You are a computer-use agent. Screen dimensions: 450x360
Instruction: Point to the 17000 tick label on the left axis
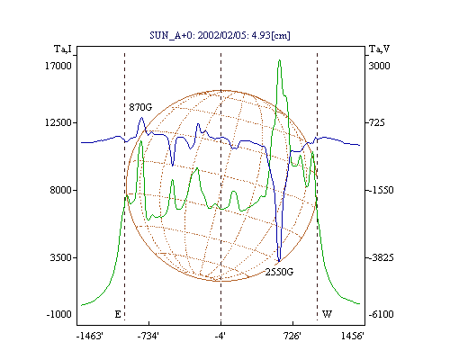58,66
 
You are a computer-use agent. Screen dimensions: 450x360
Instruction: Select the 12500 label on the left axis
58,122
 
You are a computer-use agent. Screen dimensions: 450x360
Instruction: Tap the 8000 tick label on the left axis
61,190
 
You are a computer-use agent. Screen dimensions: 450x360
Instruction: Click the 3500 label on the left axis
61,257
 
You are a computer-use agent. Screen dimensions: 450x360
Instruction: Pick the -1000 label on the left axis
59,314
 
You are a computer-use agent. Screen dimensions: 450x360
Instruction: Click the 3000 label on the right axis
379,66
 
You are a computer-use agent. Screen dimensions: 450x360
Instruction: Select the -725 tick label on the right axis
376,122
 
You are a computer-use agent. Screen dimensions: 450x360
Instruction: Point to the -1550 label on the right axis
381,190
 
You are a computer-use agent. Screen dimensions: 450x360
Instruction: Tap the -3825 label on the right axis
381,257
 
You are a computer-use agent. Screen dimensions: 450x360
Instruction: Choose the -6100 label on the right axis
381,314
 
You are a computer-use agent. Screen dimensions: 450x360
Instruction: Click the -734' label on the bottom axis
148,336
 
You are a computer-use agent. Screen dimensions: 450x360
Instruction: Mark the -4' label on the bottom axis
220,336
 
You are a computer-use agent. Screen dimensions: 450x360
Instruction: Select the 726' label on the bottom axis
292,336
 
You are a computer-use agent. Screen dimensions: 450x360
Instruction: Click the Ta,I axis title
63,49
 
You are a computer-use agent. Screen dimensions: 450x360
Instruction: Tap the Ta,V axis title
380,49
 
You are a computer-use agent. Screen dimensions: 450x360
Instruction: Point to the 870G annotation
140,107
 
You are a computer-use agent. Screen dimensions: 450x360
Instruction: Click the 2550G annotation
279,272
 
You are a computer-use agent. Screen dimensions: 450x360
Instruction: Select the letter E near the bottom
118,314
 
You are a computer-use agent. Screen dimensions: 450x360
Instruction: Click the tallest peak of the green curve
279,60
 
